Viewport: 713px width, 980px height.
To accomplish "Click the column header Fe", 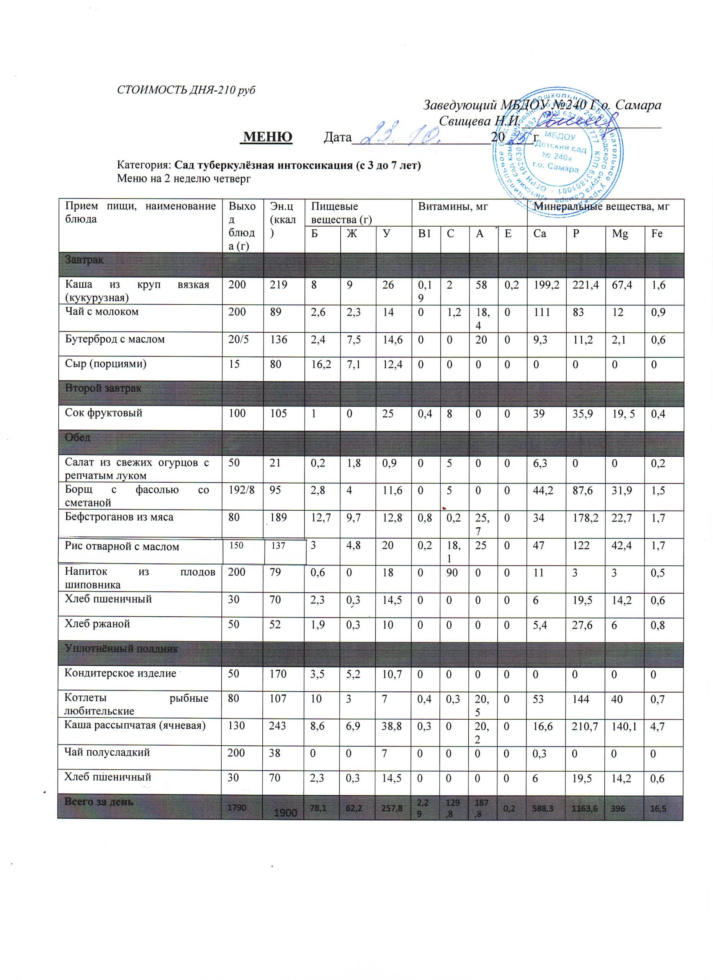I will (x=657, y=234).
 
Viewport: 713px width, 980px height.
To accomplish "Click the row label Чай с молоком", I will (x=101, y=312).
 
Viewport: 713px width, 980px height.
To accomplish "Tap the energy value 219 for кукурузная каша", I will (x=279, y=285).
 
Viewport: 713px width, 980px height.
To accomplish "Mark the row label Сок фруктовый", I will (x=104, y=413).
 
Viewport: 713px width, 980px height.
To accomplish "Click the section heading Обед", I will (x=78, y=437).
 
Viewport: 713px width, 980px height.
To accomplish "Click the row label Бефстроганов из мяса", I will (x=119, y=517).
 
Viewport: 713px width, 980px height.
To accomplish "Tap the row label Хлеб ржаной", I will (x=97, y=624).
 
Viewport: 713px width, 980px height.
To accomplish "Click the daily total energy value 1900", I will (x=285, y=813).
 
